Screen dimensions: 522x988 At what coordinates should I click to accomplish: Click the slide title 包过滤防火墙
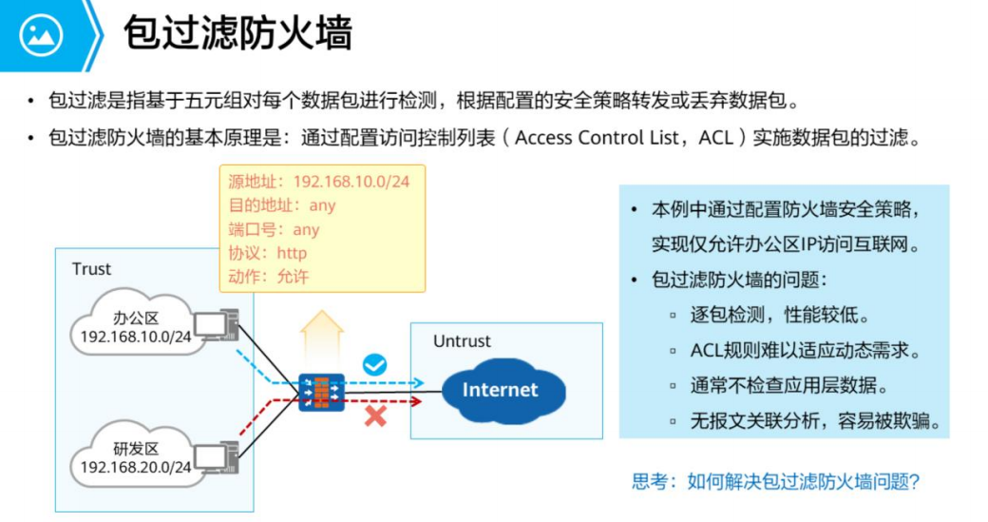pyautogui.click(x=237, y=33)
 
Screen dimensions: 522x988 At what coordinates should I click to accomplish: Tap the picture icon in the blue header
pyautogui.click(x=41, y=35)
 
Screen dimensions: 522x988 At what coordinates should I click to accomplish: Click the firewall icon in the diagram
pyautogui.click(x=320, y=390)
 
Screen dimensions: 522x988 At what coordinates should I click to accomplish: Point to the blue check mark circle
pyautogui.click(x=375, y=364)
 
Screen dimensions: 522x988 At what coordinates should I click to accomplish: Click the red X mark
pyautogui.click(x=375, y=416)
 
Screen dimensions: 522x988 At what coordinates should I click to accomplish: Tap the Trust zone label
pyautogui.click(x=91, y=269)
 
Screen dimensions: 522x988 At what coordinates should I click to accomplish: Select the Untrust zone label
pyautogui.click(x=462, y=340)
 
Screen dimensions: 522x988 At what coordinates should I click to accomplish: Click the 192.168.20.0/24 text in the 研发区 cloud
pyautogui.click(x=136, y=467)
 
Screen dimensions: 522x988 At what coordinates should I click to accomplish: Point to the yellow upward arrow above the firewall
pyautogui.click(x=321, y=333)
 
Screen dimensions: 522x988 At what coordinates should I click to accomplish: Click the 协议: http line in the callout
pyautogui.click(x=268, y=254)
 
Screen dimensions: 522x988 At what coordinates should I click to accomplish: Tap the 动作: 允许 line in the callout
pyautogui.click(x=268, y=278)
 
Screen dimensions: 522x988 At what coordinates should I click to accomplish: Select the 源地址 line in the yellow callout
pyautogui.click(x=319, y=181)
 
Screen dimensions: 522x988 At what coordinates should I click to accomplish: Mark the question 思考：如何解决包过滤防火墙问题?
pyautogui.click(x=775, y=481)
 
